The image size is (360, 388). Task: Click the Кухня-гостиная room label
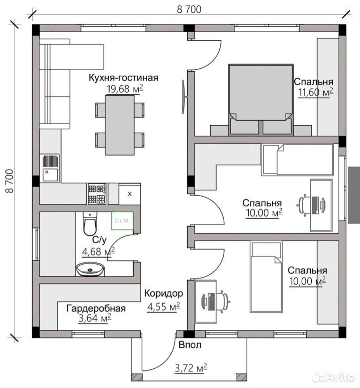click(123, 77)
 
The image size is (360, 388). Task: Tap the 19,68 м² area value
click(125, 89)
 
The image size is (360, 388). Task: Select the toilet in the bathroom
click(89, 224)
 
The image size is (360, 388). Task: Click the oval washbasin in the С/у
click(90, 269)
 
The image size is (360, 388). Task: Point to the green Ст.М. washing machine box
click(123, 220)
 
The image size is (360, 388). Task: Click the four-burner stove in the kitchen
click(97, 194)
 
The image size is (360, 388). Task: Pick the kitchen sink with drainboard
click(50, 168)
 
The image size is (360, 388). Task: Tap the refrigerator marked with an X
click(130, 194)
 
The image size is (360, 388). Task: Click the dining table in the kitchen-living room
click(120, 125)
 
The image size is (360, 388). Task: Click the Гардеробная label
click(96, 308)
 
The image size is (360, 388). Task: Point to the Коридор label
click(164, 293)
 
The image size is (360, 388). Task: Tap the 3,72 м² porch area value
click(191, 368)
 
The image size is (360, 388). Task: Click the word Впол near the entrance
click(190, 345)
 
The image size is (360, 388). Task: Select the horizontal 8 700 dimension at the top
click(189, 9)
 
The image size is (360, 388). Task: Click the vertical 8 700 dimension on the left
click(9, 181)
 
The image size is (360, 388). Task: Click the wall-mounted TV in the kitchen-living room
click(184, 97)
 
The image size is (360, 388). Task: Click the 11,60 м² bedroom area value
click(315, 92)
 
